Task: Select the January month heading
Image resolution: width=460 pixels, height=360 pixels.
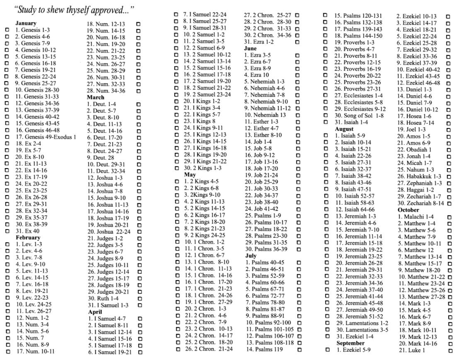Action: (26, 23)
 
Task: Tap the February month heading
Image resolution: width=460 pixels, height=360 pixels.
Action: (28, 237)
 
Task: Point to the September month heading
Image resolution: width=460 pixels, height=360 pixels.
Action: (350, 343)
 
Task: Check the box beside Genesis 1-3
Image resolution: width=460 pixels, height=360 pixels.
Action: (7, 30)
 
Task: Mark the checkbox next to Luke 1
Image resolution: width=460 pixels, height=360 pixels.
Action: (449, 350)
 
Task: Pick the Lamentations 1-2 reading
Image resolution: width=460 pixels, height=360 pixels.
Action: (362, 323)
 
